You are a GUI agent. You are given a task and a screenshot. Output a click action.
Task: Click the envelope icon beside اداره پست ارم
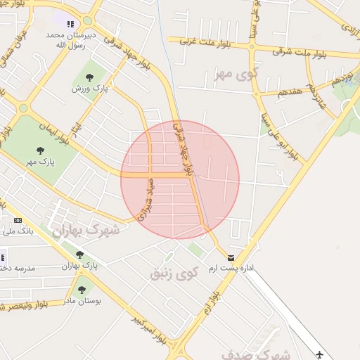231,257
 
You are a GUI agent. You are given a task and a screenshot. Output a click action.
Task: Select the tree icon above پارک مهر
40,150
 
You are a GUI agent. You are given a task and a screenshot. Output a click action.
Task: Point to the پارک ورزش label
87,89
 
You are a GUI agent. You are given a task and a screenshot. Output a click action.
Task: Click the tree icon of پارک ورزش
89,76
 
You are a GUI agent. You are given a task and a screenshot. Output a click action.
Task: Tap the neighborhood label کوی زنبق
174,271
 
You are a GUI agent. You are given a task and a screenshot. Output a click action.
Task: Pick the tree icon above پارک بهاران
79,255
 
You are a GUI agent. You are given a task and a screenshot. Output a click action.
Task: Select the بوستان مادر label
86,301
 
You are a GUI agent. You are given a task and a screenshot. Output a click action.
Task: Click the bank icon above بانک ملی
18,220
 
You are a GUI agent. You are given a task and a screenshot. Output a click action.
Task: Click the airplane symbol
321,354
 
